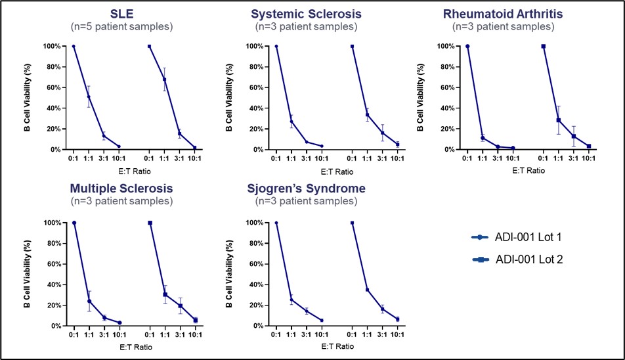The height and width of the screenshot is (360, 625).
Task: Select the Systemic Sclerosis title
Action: click(306, 14)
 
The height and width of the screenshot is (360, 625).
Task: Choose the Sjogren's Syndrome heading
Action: click(306, 189)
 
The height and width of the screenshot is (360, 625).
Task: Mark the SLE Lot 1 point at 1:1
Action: click(89, 97)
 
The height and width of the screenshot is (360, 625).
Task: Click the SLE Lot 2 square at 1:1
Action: click(165, 79)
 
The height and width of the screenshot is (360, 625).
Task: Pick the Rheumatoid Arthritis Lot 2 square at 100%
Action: click(544, 46)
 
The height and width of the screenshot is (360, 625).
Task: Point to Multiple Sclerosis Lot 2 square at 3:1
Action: click(180, 305)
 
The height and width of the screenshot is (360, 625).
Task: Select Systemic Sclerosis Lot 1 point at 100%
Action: click(276, 46)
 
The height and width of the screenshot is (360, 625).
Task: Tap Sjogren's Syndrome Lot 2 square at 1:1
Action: click(367, 290)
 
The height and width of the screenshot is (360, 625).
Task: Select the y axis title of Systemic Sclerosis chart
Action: click(228, 97)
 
